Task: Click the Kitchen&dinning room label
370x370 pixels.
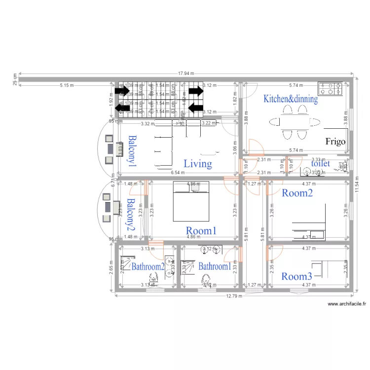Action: pyautogui.click(x=291, y=99)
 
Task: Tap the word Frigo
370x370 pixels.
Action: pyautogui.click(x=335, y=142)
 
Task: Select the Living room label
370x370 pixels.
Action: pyautogui.click(x=198, y=164)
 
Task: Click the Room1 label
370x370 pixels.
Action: pyautogui.click(x=201, y=230)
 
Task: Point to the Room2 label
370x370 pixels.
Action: pyautogui.click(x=297, y=193)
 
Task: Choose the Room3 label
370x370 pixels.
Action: pyautogui.click(x=296, y=276)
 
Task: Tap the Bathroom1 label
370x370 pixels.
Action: pyautogui.click(x=215, y=266)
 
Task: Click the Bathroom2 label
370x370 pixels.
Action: pyautogui.click(x=148, y=266)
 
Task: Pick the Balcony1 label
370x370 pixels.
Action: pyautogui.click(x=132, y=150)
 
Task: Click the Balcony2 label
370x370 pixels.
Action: pyautogui.click(x=131, y=215)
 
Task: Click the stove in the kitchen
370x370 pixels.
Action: pyautogui.click(x=330, y=88)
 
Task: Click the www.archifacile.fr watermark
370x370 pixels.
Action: pyautogui.click(x=347, y=304)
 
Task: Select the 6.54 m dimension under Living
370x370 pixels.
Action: pyautogui.click(x=178, y=173)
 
